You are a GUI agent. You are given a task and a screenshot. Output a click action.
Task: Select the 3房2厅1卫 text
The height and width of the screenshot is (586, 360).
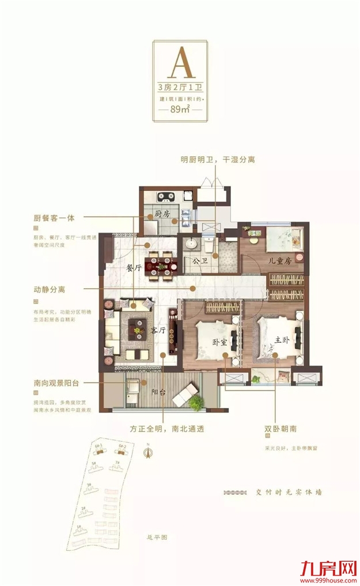[x=180, y=88]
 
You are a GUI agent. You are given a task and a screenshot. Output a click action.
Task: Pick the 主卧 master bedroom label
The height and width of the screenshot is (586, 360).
[x=281, y=340]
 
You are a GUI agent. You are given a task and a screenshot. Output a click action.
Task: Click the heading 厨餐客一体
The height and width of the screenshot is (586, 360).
[x=57, y=218]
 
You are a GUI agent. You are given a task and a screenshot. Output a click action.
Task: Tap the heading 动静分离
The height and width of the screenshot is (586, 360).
[x=50, y=290]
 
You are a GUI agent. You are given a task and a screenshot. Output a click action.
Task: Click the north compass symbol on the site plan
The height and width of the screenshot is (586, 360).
[x=147, y=452]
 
